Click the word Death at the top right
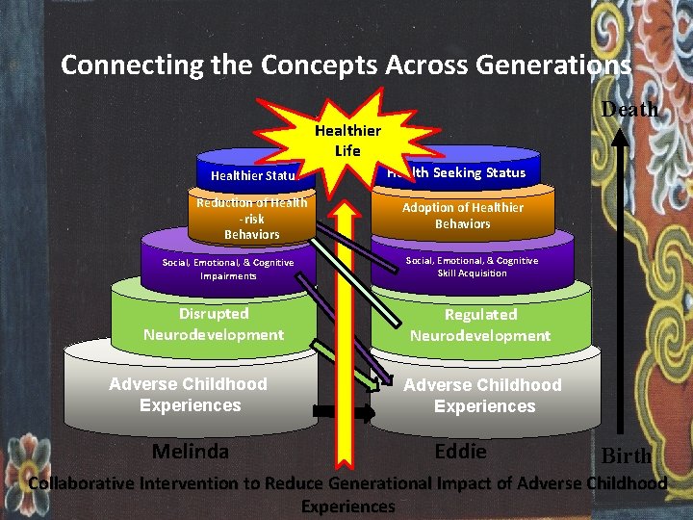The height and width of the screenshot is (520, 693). coord(629,109)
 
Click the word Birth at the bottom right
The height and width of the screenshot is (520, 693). coord(627,455)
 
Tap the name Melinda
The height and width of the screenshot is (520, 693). coord(191,452)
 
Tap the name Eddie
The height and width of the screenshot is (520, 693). coord(460,452)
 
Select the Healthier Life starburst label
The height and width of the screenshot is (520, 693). coord(347,141)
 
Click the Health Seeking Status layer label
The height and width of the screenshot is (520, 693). coord(456,172)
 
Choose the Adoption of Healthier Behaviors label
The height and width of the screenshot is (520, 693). coord(462,216)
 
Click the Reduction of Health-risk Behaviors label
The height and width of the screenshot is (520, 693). coord(251,219)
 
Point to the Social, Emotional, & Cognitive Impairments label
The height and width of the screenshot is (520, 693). coord(228,269)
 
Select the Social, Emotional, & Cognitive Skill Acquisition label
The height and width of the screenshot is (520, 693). coord(472,267)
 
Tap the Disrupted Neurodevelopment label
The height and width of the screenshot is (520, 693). coord(214,325)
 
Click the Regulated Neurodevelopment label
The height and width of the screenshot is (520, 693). coord(480,325)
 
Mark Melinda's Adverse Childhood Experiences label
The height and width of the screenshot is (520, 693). coord(189,395)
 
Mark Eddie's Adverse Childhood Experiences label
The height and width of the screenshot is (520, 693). coord(482,396)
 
